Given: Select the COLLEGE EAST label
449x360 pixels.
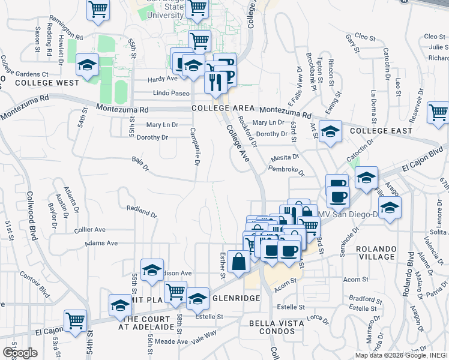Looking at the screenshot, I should [381, 130].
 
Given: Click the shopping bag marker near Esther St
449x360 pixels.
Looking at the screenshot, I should [239, 262].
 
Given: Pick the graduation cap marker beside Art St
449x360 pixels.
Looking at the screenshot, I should [330, 131].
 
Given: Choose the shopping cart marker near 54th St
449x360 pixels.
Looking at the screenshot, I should [75, 321].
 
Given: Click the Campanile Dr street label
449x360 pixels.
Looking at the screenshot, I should [195, 147].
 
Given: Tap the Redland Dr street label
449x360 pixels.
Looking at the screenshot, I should [142, 211].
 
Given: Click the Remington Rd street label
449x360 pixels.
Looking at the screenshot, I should [66, 25].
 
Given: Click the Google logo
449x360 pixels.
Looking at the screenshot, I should [20, 352].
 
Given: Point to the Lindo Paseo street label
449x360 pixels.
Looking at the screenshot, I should [171, 93].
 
